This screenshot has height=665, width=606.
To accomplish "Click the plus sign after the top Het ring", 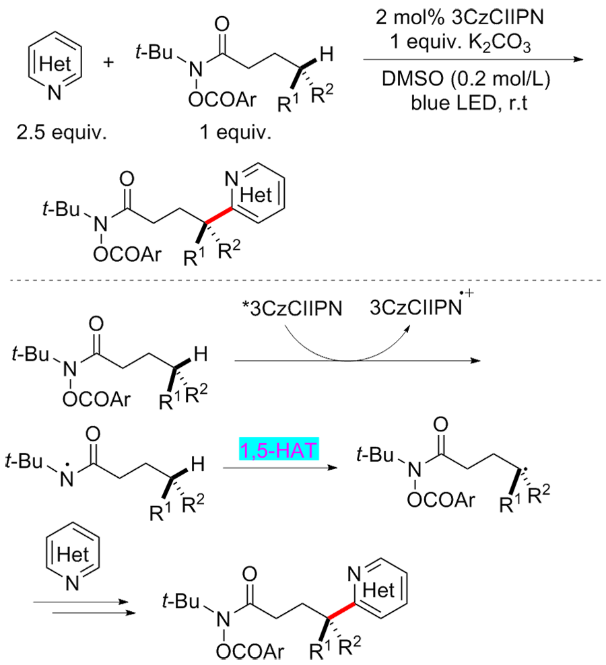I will pos(110,63).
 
